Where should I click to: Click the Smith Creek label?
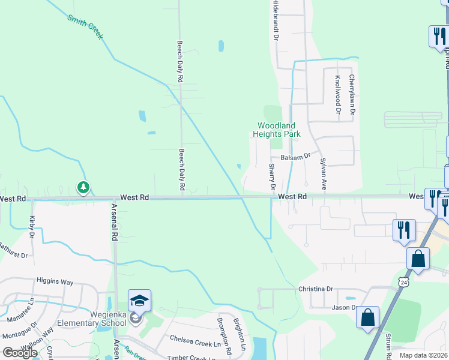click(x=85, y=27)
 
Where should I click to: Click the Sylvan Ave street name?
click(x=323, y=174)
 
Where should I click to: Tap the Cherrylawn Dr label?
click(x=352, y=95)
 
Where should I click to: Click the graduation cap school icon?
click(x=139, y=300)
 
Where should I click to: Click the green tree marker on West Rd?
click(x=83, y=188)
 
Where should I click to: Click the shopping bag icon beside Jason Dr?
click(x=368, y=317)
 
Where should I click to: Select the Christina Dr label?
click(x=315, y=289)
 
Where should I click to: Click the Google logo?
click(x=19, y=352)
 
